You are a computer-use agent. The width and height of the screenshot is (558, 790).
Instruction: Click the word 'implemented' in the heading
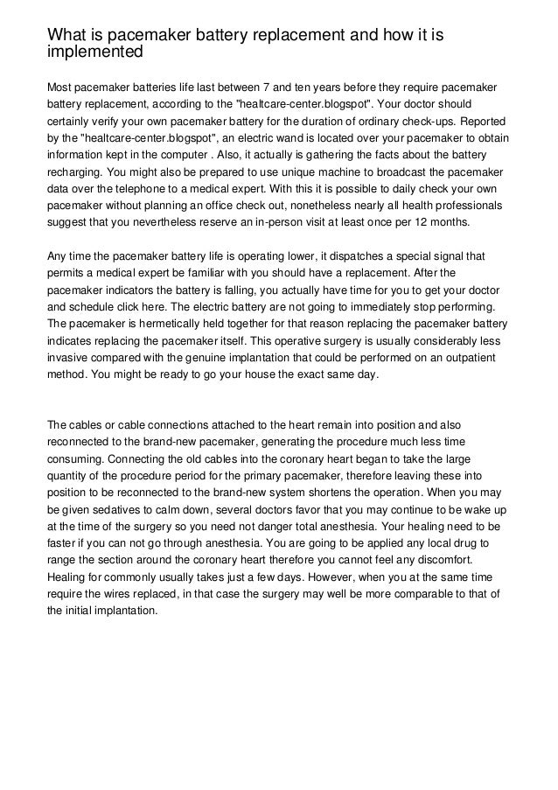(x=94, y=52)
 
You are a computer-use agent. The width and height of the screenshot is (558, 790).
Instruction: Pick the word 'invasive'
(x=68, y=358)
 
